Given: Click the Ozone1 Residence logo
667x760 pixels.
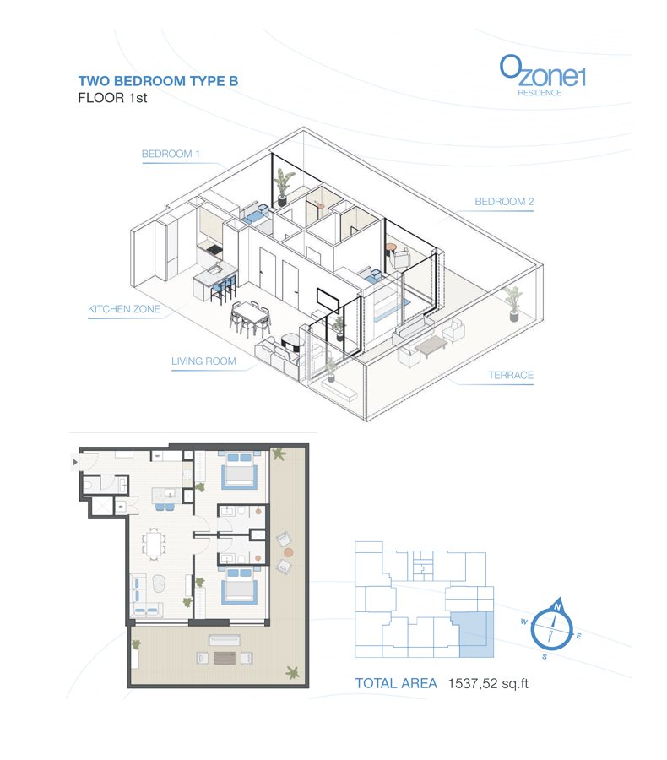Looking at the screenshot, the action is (x=542, y=76).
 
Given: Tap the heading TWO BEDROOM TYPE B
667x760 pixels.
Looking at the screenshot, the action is (x=158, y=81).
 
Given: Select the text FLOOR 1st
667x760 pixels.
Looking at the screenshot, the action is (x=112, y=98).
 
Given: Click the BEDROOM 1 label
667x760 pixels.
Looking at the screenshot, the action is (x=171, y=154).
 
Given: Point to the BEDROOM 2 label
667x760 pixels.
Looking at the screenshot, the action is (x=504, y=202).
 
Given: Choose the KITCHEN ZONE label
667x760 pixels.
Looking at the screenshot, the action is (x=124, y=309).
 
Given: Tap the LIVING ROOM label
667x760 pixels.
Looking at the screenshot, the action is (x=203, y=361).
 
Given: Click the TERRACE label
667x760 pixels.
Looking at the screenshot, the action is (x=511, y=375).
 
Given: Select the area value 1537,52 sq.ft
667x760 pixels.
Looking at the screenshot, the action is (x=488, y=683).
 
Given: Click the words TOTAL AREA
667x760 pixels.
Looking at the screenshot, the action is (x=396, y=683).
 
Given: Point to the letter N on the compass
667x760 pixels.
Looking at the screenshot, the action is (x=557, y=607).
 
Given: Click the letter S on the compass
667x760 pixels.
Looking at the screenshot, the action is (x=545, y=657).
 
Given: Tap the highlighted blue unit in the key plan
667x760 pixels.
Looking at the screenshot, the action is (x=473, y=635).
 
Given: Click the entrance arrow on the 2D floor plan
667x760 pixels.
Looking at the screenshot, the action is (x=75, y=463).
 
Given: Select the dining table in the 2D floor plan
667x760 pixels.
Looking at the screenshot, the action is (x=155, y=543).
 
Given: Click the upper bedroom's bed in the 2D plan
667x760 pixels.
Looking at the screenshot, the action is (x=238, y=470).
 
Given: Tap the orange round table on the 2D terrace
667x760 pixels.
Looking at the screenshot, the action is (x=289, y=552).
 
